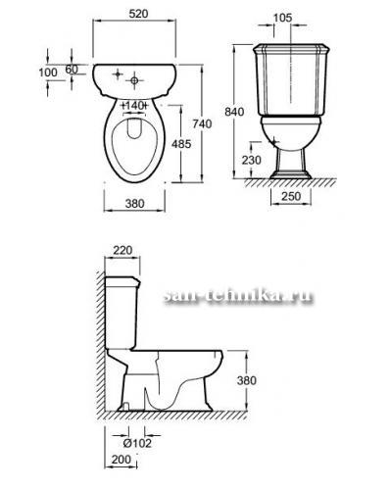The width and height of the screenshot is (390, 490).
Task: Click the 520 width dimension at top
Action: click(138, 14)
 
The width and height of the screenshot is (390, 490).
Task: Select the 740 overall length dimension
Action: click(202, 123)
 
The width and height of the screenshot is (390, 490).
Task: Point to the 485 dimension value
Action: click(181, 144)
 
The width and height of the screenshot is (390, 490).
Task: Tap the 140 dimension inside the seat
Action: click(134, 106)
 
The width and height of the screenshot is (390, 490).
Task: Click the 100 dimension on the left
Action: click(48, 73)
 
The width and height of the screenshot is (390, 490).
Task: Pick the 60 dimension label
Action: click(72, 70)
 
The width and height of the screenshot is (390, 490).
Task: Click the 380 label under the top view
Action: click(134, 204)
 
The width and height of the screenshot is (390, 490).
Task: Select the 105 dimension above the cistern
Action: click(282, 18)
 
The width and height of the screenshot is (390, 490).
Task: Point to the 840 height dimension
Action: click(234, 112)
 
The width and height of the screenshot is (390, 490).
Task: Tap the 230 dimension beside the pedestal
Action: click(252, 160)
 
